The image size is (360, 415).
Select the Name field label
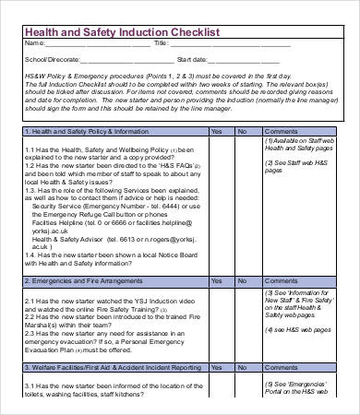coord(32,44)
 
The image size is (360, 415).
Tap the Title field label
coord(161,44)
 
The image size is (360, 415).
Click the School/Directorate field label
coord(51,59)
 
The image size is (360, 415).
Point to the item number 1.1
coord(30,150)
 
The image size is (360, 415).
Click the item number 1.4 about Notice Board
coord(30,255)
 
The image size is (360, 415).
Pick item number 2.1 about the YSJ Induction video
coord(30,300)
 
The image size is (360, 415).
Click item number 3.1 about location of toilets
coord(30,385)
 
